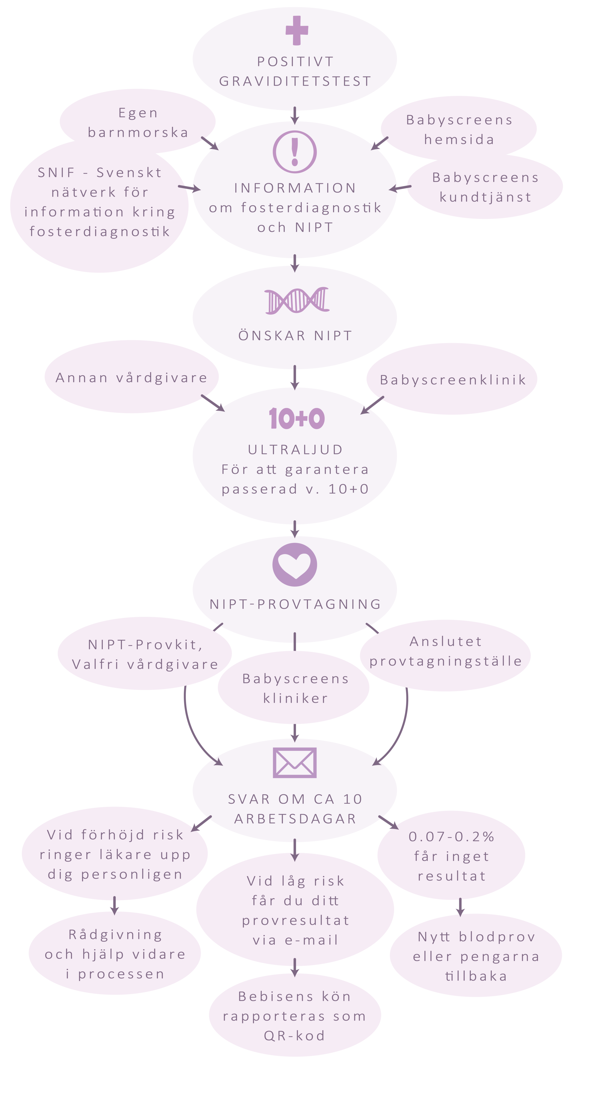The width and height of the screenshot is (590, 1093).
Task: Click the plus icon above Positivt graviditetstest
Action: (296, 30)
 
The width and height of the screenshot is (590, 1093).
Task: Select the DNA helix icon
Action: (296, 301)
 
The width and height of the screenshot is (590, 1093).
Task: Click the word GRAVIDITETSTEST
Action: (295, 81)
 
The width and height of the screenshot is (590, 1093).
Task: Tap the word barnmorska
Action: (138, 132)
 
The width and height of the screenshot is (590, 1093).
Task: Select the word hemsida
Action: (459, 140)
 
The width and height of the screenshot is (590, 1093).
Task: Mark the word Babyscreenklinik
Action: (453, 380)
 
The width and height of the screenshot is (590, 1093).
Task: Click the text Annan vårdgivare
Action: (132, 378)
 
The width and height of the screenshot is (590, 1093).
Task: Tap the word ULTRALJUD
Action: (295, 450)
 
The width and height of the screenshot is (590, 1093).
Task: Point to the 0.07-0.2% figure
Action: (451, 836)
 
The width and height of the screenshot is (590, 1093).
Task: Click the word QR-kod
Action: (294, 1036)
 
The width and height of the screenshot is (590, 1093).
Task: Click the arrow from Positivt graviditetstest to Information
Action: (295, 115)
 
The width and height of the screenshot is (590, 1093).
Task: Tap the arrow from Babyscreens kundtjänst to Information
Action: (400, 187)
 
